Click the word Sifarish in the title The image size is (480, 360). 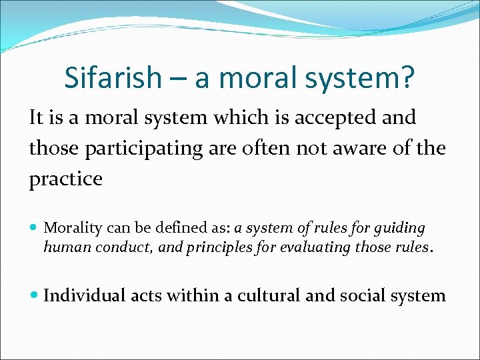pos(113,78)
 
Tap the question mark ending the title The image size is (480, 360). pos(408,78)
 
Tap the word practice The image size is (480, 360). pos(65,179)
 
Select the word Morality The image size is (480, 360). pos(72,229)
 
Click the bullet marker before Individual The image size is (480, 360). pos(35,295)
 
